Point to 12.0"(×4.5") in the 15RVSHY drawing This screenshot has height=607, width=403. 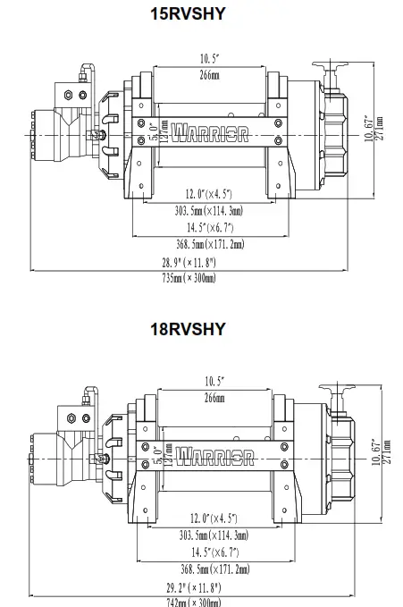pyautogui.click(x=210, y=195)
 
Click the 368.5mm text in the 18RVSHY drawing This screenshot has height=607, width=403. pyautogui.click(x=214, y=568)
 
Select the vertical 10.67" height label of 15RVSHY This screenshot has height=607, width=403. pyautogui.click(x=369, y=130)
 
